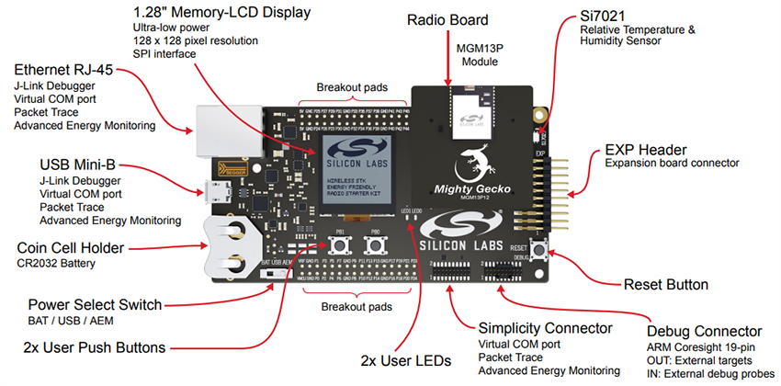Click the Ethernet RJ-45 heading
(x=66, y=71)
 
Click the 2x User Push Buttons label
(x=95, y=347)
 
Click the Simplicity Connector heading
(x=545, y=328)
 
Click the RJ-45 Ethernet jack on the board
(x=214, y=128)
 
